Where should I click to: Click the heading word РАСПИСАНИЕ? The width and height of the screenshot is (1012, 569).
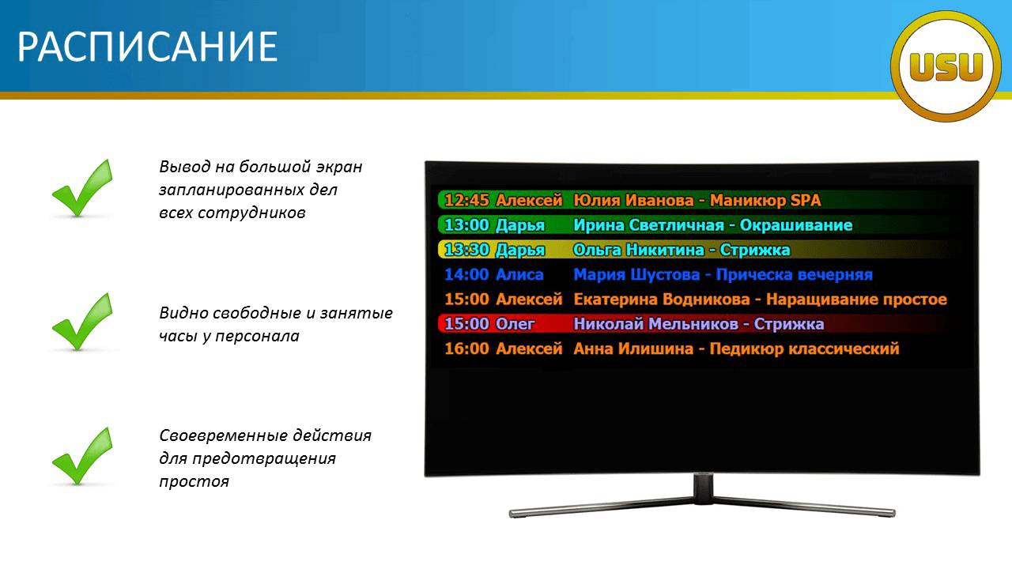(147, 46)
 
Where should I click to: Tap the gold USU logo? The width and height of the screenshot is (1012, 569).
(946, 66)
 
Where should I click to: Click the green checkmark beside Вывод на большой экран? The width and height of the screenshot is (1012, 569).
(82, 188)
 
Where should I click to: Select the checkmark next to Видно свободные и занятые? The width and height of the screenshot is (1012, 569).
(82, 322)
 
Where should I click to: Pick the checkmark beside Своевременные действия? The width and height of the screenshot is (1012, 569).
(82, 456)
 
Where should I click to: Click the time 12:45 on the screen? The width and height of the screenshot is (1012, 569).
(466, 200)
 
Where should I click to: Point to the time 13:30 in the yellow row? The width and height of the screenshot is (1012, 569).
(466, 250)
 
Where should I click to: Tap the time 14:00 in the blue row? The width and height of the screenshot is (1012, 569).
(466, 274)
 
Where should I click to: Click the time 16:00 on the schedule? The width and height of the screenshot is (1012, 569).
(466, 349)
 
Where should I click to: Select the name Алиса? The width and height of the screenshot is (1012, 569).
(519, 274)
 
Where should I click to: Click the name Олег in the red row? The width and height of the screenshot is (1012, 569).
(515, 324)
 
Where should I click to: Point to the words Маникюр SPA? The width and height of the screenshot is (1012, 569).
(765, 200)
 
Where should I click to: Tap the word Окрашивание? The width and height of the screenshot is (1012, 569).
(796, 225)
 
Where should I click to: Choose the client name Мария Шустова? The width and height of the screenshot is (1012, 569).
(636, 274)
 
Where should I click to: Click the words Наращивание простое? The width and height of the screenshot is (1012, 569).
(856, 300)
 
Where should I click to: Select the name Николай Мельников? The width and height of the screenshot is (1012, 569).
(656, 324)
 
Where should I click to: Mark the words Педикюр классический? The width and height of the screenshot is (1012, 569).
(804, 349)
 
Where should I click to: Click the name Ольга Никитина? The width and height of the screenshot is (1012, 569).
(639, 250)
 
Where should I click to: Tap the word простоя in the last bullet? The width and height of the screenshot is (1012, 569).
(194, 482)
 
